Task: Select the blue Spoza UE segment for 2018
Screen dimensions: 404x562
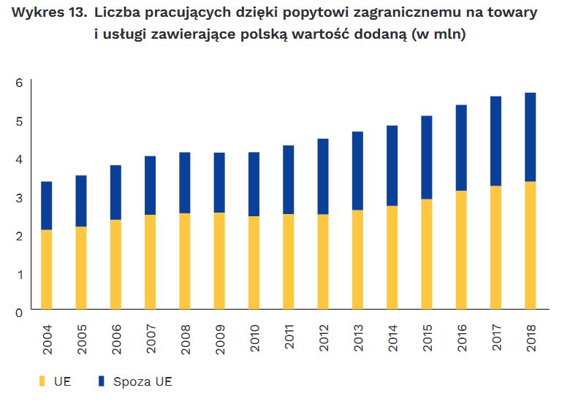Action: click(531, 137)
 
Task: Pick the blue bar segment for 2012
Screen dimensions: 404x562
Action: click(323, 176)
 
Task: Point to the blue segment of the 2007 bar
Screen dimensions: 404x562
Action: click(150, 185)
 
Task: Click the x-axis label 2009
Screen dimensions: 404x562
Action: click(219, 339)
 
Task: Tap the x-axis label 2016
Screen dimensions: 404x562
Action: click(462, 339)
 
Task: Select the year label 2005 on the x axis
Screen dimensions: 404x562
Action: click(81, 339)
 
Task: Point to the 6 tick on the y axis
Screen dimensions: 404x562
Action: click(19, 83)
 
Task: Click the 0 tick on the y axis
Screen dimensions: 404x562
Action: click(19, 312)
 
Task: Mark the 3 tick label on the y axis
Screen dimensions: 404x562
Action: click(19, 197)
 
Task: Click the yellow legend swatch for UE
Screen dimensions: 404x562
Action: click(42, 381)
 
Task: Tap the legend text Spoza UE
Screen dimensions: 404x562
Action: click(142, 381)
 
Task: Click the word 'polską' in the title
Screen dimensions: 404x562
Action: click(265, 34)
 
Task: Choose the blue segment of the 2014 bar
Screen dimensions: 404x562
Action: click(392, 165)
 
